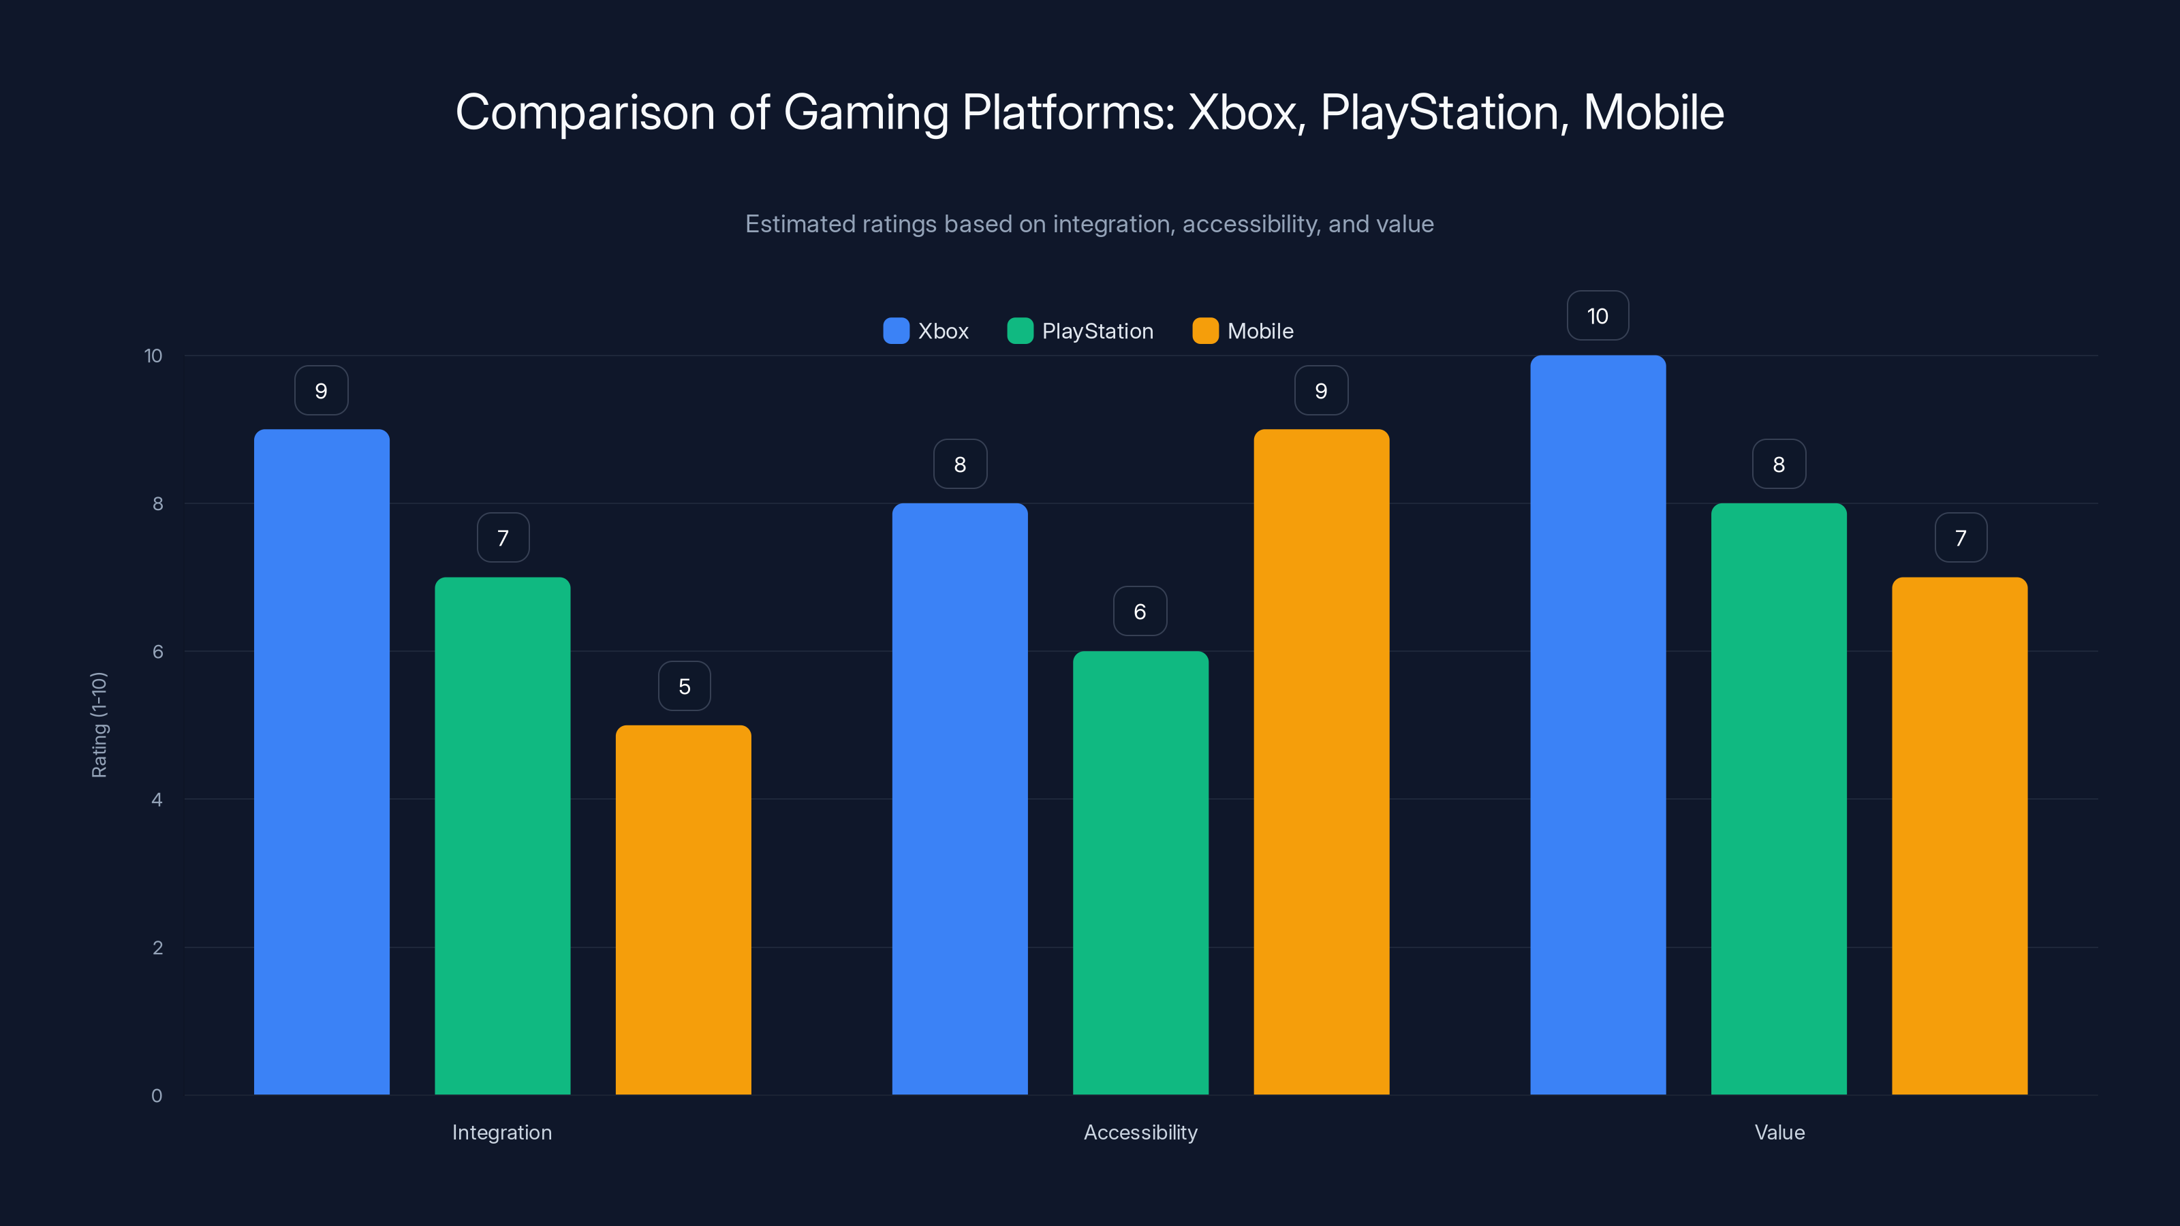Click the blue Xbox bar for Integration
tap(322, 761)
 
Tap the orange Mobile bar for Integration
tap(683, 909)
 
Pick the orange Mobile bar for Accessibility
tap(1321, 761)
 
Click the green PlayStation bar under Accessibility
tap(1140, 873)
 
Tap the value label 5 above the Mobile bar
tap(684, 686)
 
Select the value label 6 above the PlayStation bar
tap(1140, 612)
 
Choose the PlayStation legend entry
tap(1097, 331)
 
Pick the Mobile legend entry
tap(1259, 331)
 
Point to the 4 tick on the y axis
tap(157, 800)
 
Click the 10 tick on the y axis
tap(153, 356)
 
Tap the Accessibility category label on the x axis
tap(1140, 1132)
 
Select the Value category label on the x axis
tap(1779, 1132)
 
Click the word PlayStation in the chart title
tap(1439, 112)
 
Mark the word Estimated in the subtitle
tap(800, 224)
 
